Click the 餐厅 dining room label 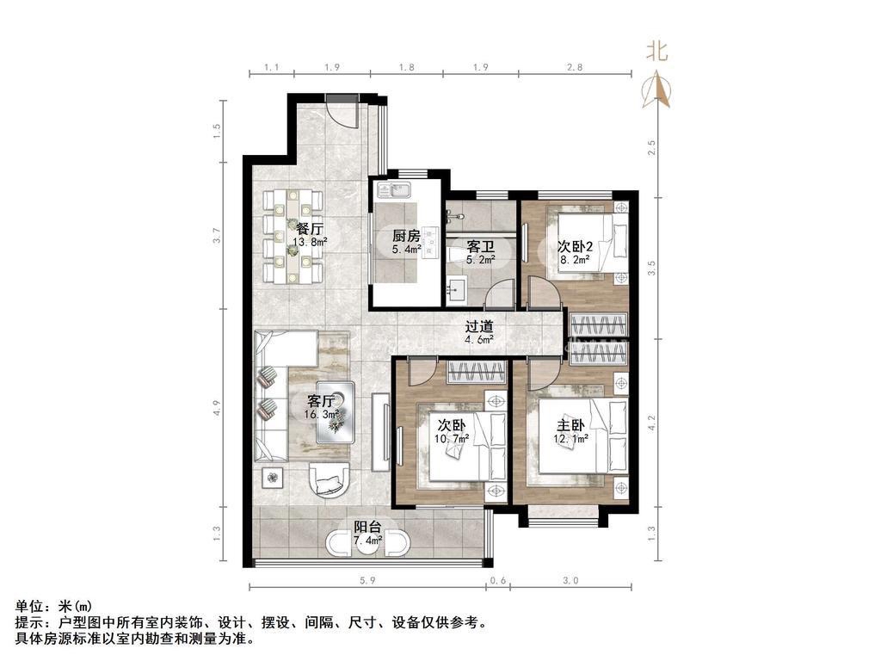pyautogui.click(x=310, y=229)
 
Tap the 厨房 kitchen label pyautogui.click(x=406, y=236)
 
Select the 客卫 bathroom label pyautogui.click(x=480, y=247)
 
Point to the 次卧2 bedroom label pyautogui.click(x=575, y=246)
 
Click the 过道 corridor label pyautogui.click(x=479, y=326)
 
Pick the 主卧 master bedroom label pyautogui.click(x=570, y=425)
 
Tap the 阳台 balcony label pyautogui.click(x=368, y=527)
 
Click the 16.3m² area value pyautogui.click(x=322, y=415)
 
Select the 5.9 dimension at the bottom pyautogui.click(x=367, y=581)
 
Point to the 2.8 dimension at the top pyautogui.click(x=574, y=67)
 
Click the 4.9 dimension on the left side pyautogui.click(x=218, y=407)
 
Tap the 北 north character pyautogui.click(x=656, y=52)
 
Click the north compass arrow pyautogui.click(x=656, y=90)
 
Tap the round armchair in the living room pyautogui.click(x=330, y=479)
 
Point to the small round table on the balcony pyautogui.click(x=368, y=543)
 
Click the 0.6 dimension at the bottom pyautogui.click(x=498, y=581)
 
